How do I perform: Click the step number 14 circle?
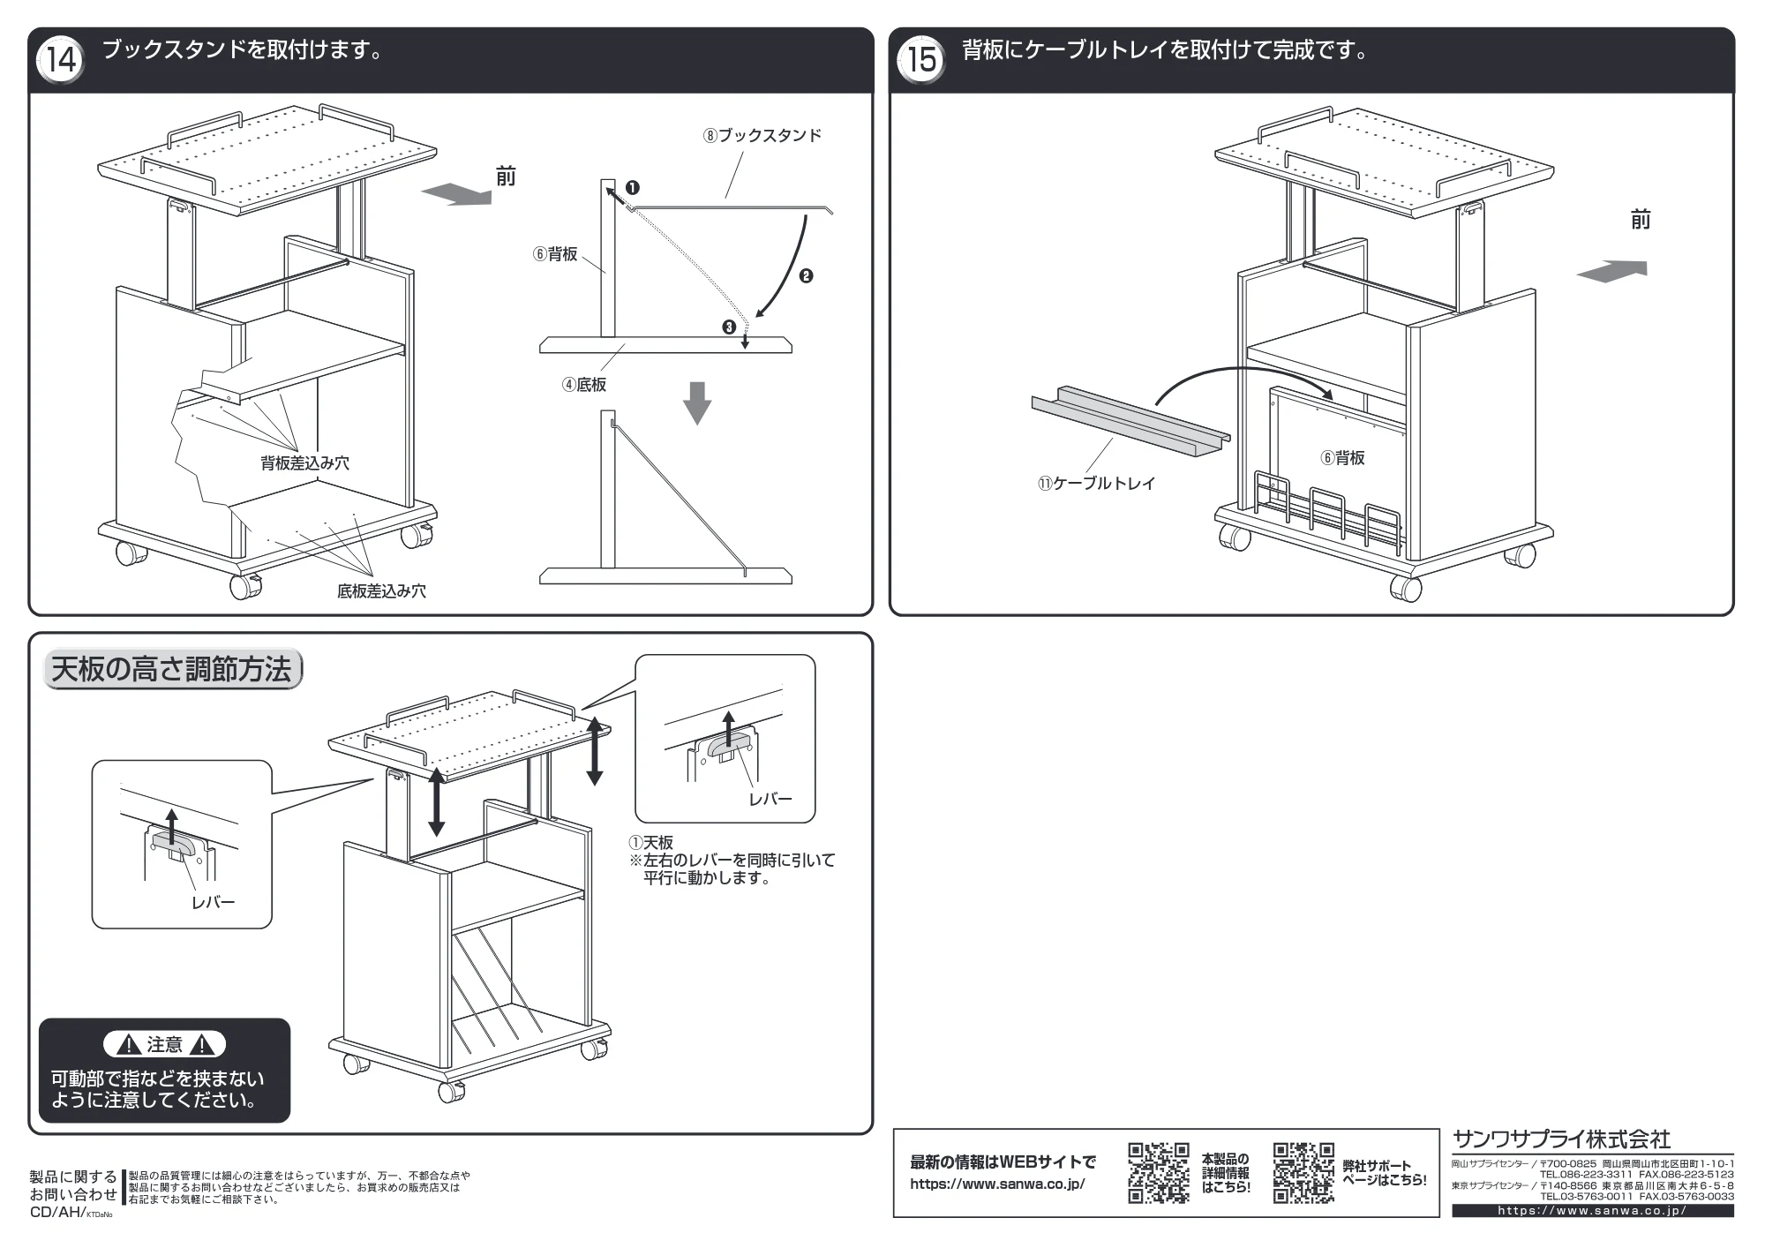61,60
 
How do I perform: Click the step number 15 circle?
920,60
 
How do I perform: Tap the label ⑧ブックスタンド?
762,136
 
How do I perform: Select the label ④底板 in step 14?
584,385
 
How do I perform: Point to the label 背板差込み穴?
304,463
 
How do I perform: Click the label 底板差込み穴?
381,591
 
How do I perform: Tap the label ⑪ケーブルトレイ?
1097,484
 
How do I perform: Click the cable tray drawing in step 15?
1130,423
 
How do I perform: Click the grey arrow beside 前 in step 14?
456,194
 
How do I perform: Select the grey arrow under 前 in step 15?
1611,271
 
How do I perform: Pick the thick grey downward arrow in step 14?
697,402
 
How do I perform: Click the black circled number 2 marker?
806,276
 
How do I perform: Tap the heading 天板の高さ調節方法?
171,670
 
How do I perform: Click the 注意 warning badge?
164,1045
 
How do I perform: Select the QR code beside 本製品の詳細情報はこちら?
1159,1173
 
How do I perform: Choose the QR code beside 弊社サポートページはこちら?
1303,1173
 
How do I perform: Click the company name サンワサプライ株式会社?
1561,1139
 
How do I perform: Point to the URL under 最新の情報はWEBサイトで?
997,1184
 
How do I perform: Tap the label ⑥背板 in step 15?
1342,458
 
